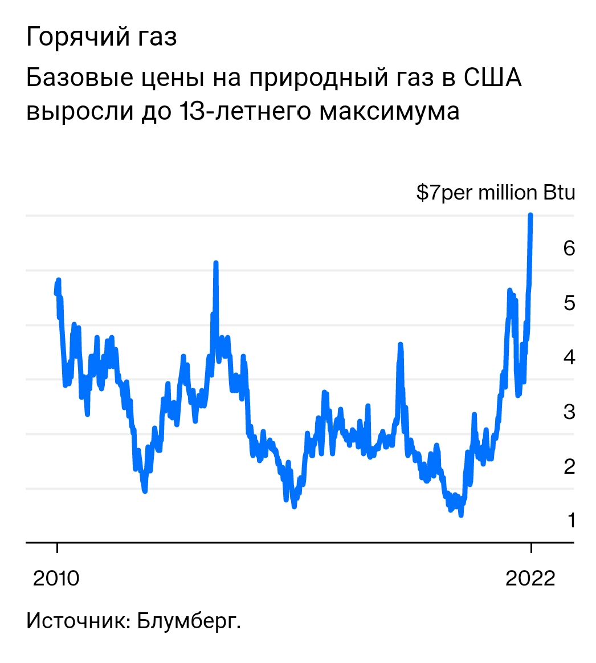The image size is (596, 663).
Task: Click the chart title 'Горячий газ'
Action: coord(101,38)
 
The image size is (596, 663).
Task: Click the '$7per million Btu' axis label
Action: coord(495,193)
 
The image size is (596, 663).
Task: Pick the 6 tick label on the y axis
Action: coord(569,248)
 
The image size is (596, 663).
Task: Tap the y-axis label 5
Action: coord(569,303)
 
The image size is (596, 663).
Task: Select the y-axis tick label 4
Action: coord(569,357)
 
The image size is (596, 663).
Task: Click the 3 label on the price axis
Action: coord(569,412)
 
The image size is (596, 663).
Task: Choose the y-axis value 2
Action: coord(569,466)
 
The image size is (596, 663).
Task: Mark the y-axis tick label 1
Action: coord(569,520)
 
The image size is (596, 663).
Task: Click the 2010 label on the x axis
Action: coord(56,579)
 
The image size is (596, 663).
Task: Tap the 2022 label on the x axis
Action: coord(530,579)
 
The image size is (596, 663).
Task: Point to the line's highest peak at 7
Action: coord(530,215)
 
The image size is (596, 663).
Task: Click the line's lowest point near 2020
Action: coord(460,515)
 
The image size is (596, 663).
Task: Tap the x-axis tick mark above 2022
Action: coord(530,548)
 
